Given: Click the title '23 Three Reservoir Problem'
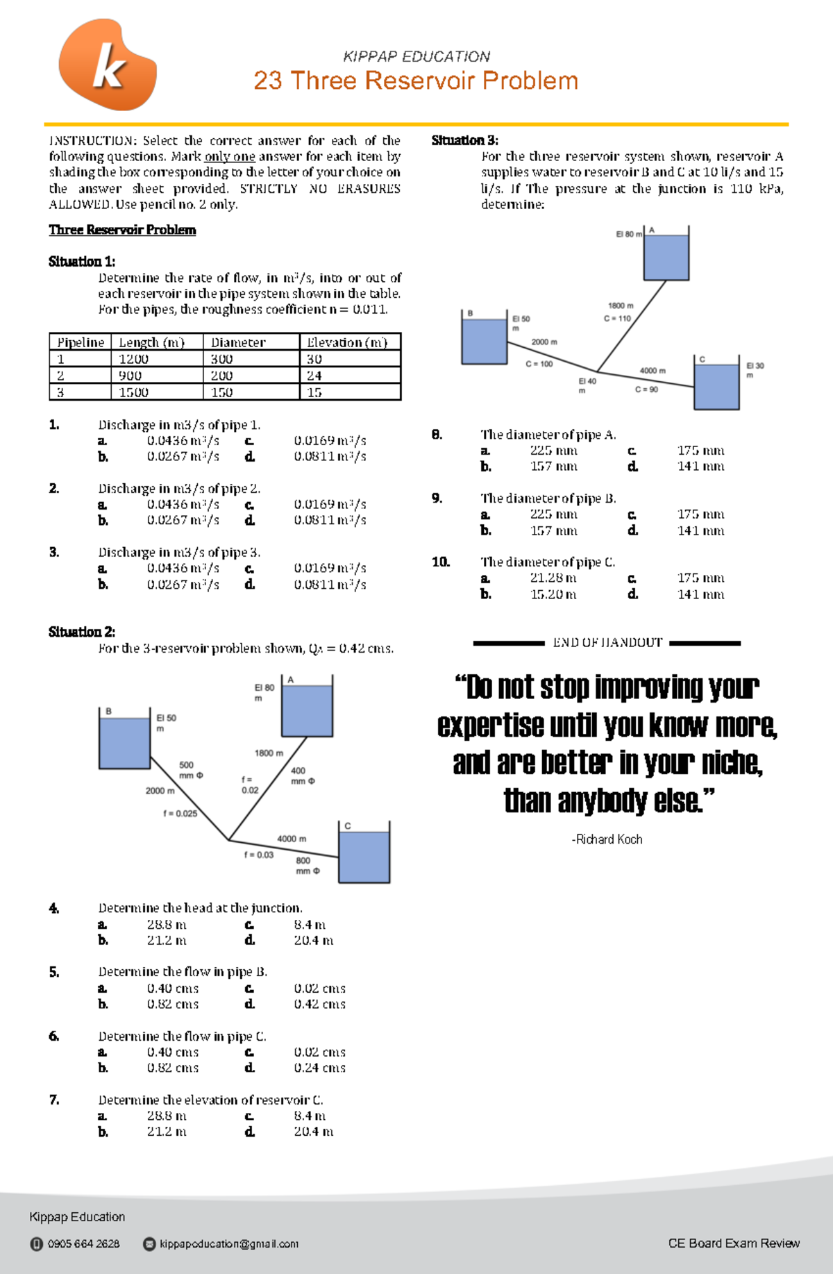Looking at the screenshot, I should click(x=416, y=81).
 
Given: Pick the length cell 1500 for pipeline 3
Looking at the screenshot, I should click(x=133, y=392).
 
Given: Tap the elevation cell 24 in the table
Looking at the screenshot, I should click(x=314, y=376).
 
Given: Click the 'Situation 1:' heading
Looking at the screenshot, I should click(x=82, y=262).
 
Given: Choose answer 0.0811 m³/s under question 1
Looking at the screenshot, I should click(x=330, y=456).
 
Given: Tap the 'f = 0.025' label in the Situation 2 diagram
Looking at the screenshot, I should click(x=180, y=813).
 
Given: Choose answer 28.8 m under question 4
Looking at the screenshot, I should click(x=167, y=925).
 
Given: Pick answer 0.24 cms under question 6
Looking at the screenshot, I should click(x=319, y=1068).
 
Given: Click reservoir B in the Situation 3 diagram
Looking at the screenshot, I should click(x=485, y=340).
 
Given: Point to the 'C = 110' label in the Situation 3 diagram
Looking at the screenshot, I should click(x=617, y=319).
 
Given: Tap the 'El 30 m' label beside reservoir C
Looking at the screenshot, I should click(x=755, y=370).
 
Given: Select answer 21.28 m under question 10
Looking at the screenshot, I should click(x=553, y=578).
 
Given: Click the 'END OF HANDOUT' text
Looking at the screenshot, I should click(x=607, y=643).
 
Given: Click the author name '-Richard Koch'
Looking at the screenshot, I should click(x=607, y=839).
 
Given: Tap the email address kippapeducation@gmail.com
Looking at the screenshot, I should click(x=228, y=1243).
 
